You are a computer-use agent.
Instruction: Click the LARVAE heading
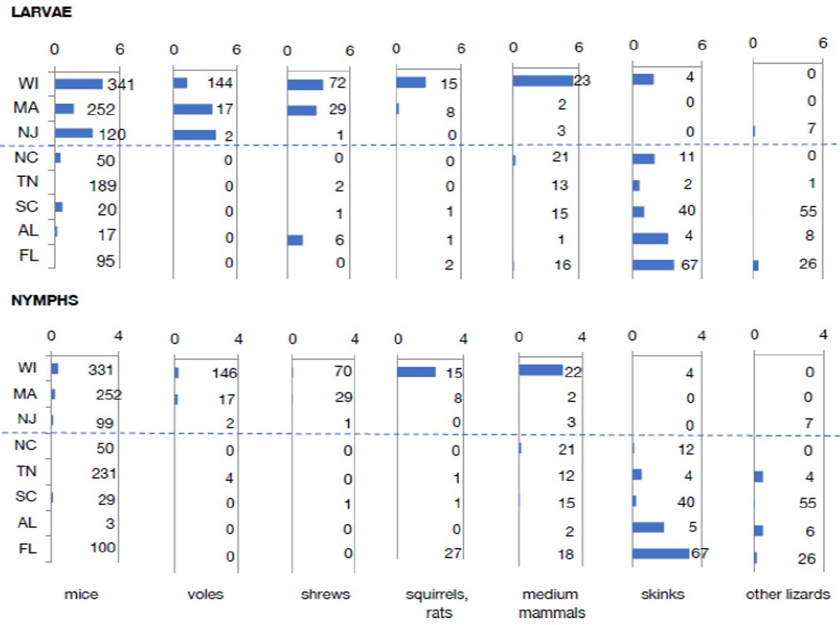(41, 12)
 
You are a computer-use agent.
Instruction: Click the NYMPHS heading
(44, 300)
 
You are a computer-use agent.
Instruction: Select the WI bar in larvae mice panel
(78, 84)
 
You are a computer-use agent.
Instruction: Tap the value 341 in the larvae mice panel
(120, 84)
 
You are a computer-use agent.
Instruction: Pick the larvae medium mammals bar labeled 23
(542, 80)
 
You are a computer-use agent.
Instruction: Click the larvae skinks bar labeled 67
(653, 265)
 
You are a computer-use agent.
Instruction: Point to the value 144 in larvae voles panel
(220, 83)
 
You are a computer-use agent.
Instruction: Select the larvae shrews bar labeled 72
(305, 84)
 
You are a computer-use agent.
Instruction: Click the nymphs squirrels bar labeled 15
(416, 372)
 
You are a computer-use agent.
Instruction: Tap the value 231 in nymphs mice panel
(104, 473)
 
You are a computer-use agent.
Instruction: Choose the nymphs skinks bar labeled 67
(660, 553)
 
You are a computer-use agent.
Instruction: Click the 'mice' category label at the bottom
(81, 594)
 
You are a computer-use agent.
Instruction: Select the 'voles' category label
(205, 594)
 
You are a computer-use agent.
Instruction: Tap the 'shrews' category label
(325, 594)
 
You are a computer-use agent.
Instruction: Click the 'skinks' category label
(662, 594)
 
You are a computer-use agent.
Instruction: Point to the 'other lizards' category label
(787, 594)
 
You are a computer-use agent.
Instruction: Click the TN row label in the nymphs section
(26, 470)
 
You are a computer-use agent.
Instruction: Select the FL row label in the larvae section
(29, 255)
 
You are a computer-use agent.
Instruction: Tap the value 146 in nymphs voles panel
(224, 373)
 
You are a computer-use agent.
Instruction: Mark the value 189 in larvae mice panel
(103, 185)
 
